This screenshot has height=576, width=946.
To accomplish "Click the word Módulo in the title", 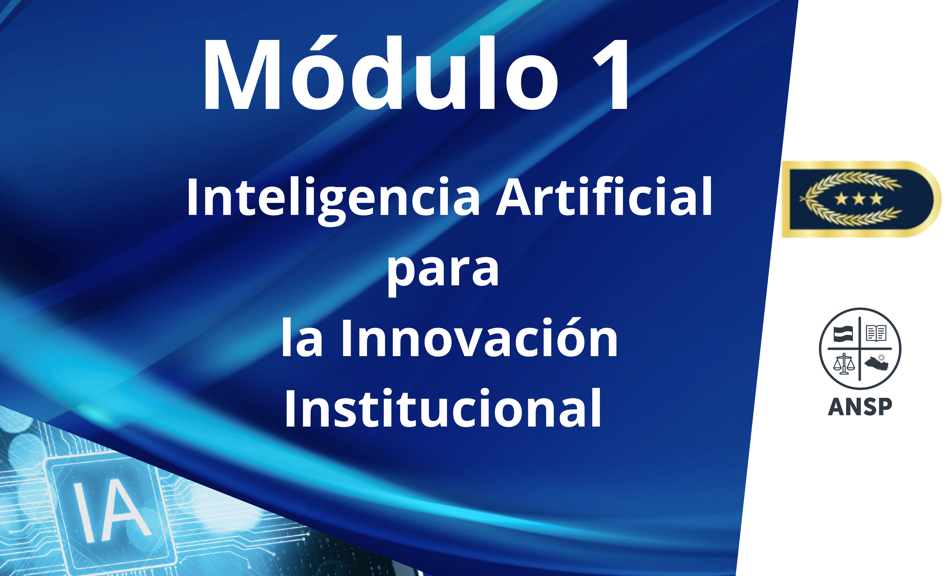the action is [x=380, y=73].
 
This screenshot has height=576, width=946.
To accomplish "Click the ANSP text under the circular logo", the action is [x=860, y=407].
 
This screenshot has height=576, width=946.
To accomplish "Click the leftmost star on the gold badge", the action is [x=841, y=199].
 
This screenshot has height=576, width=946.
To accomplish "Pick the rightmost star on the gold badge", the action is [x=876, y=199].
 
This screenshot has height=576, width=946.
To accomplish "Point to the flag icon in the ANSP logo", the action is [x=843, y=334].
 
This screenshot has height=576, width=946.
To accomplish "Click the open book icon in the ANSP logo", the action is [x=876, y=333].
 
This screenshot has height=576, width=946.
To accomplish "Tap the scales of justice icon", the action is [x=844, y=364].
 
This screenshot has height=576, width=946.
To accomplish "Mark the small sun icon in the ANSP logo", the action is [x=881, y=358].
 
